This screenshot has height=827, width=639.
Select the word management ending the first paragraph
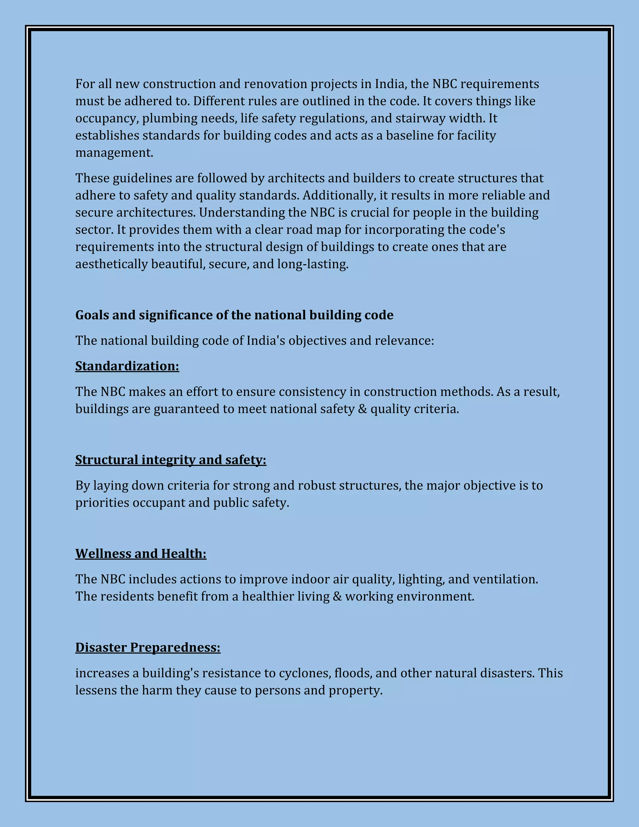click(114, 153)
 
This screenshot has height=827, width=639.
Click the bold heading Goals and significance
click(234, 315)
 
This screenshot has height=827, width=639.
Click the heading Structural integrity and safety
click(170, 460)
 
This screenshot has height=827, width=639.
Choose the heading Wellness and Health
click(140, 554)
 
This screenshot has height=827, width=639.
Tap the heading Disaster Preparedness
click(148, 648)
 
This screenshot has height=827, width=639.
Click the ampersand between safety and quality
click(362, 409)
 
